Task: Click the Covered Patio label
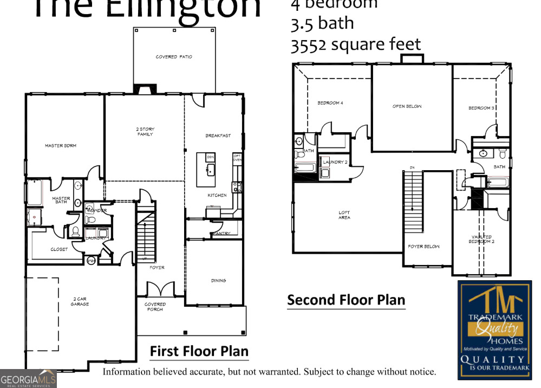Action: click(x=174, y=57)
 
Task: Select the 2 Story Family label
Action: click(x=145, y=132)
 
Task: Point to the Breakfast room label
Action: click(x=218, y=135)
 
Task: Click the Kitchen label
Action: click(x=217, y=195)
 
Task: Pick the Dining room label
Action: click(x=218, y=281)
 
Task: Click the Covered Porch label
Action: click(x=155, y=307)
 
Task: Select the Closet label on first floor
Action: click(x=59, y=249)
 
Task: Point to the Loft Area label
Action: click(x=344, y=215)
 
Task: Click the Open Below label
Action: click(x=407, y=106)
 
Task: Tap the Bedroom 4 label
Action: click(x=330, y=103)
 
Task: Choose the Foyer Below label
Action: click(x=423, y=247)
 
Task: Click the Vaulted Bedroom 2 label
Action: click(x=481, y=239)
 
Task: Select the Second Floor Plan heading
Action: click(x=346, y=300)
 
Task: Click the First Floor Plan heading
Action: click(x=199, y=351)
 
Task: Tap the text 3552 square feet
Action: click(x=356, y=44)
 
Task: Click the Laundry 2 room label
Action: click(x=335, y=162)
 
